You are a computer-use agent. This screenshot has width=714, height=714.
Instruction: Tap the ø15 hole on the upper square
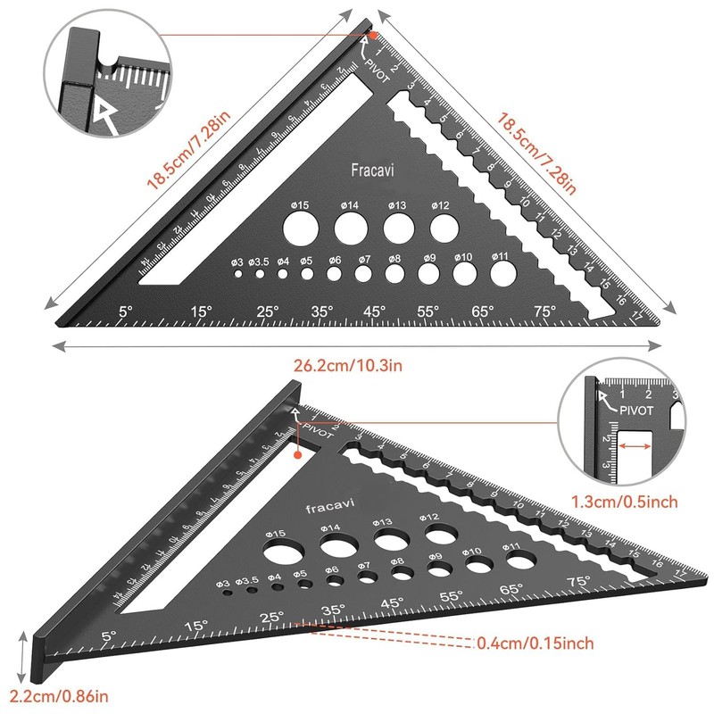(300, 228)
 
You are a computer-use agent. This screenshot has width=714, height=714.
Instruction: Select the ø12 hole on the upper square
(441, 227)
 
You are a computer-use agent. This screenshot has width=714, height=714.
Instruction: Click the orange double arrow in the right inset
(635, 443)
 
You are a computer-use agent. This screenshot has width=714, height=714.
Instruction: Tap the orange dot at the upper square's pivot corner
(374, 36)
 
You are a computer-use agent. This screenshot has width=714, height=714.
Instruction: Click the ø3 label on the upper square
(237, 262)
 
